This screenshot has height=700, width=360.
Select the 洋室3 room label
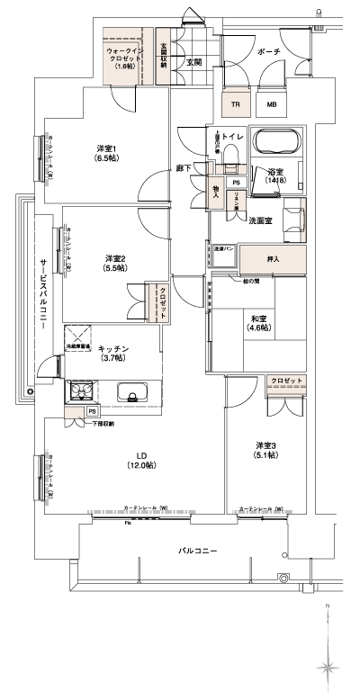(265, 449)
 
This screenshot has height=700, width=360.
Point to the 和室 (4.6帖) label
(255, 322)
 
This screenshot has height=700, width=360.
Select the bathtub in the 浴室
(279, 143)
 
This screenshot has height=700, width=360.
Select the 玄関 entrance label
(193, 63)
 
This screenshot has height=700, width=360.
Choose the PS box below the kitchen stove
(93, 411)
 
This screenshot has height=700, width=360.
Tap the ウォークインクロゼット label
(121, 58)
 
